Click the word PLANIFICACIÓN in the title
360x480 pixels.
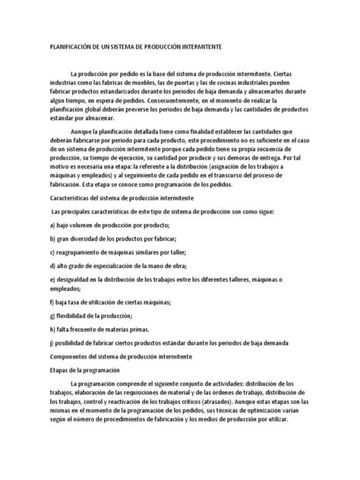pyautogui.click(x=71, y=47)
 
